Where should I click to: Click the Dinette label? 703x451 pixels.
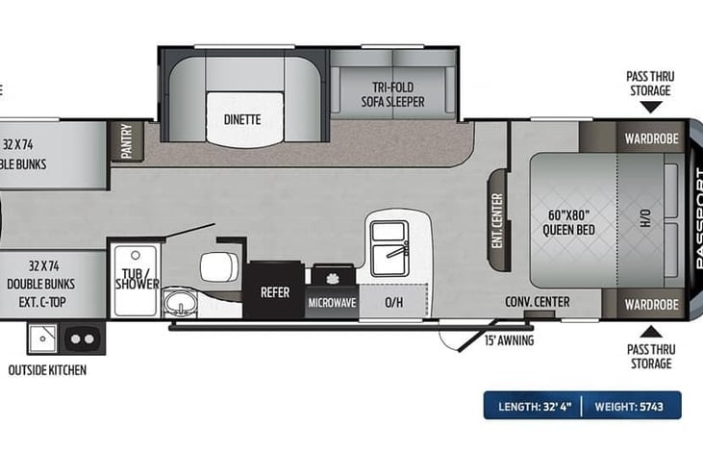pos(241,119)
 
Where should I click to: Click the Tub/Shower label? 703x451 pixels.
pos(137,277)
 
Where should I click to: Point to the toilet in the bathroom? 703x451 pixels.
pos(215,268)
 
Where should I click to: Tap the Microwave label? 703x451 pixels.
pos(332,303)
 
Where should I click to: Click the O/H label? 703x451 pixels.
pos(393,302)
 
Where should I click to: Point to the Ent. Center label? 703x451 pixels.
pos(497,221)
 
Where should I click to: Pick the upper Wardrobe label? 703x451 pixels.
pos(651,138)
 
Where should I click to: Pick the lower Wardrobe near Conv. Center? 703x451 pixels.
pos(651,304)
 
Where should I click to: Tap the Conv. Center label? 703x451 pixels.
pos(538,302)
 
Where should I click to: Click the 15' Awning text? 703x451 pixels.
pos(509,340)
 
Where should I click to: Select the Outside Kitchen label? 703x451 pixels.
pos(47,370)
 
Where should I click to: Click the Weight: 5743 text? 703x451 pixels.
pos(631,406)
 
